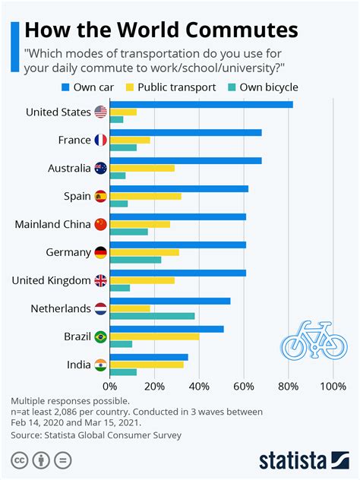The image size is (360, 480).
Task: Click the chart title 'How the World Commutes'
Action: coord(162,30)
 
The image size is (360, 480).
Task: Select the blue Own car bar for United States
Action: coord(201,104)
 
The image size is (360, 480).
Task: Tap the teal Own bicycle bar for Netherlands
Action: coord(152,316)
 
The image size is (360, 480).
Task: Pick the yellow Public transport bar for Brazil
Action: coord(154,336)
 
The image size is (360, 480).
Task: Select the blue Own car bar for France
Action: coord(185,132)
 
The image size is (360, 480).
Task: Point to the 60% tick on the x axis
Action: coord(244,387)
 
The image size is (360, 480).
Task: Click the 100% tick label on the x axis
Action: coord(333,387)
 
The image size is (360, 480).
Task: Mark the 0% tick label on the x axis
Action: coord(110,387)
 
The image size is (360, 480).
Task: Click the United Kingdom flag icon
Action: coord(100,280)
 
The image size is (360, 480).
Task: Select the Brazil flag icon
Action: coord(100,336)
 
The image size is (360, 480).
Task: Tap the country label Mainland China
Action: coord(51,224)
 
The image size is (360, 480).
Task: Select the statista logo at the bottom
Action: coord(302,459)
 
